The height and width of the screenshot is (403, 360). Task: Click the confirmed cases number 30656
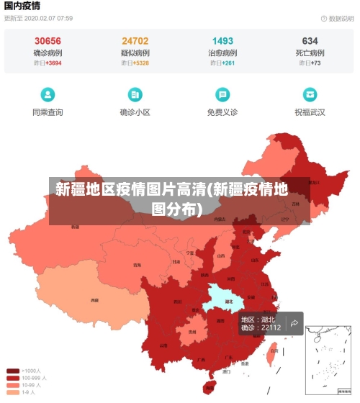click(x=48, y=41)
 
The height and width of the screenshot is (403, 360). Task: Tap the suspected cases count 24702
click(x=135, y=41)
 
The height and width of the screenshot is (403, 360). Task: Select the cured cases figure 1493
click(x=222, y=41)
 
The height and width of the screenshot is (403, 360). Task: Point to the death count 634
click(x=310, y=41)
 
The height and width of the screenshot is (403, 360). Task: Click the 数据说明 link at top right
click(x=336, y=18)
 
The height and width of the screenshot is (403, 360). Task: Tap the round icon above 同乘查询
click(x=48, y=94)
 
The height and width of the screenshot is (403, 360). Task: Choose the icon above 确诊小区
click(x=135, y=94)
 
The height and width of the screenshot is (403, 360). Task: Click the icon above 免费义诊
click(x=222, y=94)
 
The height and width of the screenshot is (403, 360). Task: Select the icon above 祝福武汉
click(x=310, y=94)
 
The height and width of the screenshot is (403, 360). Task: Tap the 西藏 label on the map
click(x=94, y=299)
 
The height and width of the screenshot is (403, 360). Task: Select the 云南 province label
click(x=163, y=345)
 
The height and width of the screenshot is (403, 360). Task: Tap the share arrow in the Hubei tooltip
click(x=294, y=323)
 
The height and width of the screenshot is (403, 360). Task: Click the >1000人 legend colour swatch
click(x=13, y=371)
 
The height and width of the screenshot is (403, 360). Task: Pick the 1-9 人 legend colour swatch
click(x=13, y=392)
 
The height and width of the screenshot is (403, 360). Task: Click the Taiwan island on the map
click(x=272, y=353)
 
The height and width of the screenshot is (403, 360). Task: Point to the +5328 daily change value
click(x=141, y=63)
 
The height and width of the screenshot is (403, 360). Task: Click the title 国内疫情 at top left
click(x=22, y=6)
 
